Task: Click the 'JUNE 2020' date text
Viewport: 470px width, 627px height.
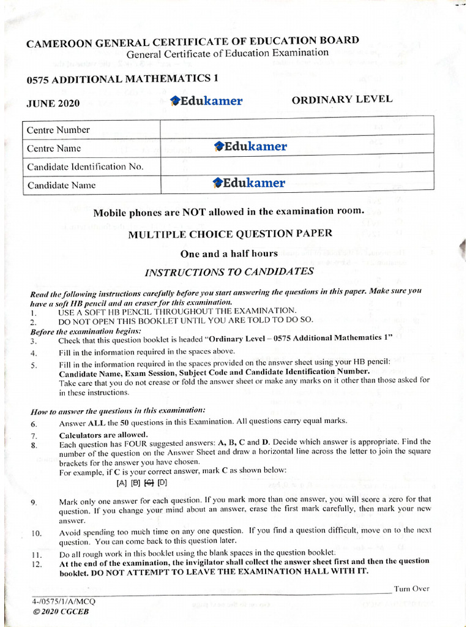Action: tap(53, 103)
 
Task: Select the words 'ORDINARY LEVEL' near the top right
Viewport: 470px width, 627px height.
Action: tap(341, 99)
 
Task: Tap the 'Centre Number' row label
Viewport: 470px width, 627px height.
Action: tap(58, 130)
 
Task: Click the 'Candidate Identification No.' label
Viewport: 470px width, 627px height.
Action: tap(85, 167)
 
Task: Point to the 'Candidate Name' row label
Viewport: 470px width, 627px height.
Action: tap(61, 185)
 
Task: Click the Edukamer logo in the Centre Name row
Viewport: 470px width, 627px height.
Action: tap(250, 146)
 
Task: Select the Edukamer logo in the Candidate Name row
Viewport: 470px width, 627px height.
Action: tap(248, 183)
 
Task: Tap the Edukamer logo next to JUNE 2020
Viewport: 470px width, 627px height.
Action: tap(206, 101)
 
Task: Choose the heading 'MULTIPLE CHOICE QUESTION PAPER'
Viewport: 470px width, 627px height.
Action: tap(230, 233)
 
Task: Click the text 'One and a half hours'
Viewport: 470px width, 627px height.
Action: tap(229, 253)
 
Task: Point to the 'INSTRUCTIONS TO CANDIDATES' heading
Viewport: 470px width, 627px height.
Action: tap(229, 272)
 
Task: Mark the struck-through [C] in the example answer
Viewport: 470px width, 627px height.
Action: tap(149, 482)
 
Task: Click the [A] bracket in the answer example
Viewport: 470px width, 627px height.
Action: tap(121, 482)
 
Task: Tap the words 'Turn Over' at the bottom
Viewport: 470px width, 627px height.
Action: tap(411, 588)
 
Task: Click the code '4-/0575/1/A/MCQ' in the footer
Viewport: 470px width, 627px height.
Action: tap(64, 601)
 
